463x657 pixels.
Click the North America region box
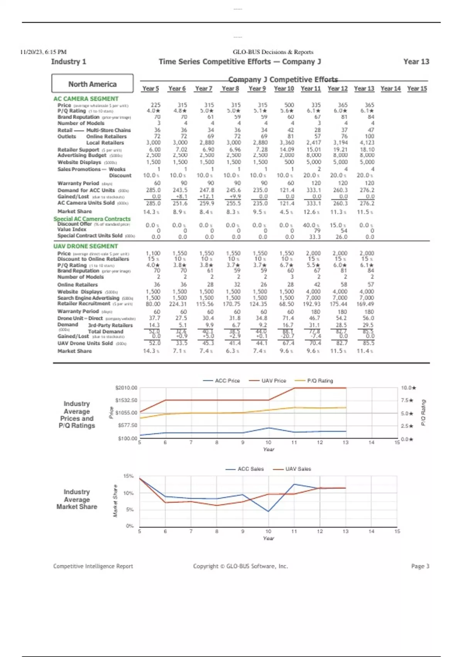(x=92, y=84)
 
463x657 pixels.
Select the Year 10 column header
(x=284, y=89)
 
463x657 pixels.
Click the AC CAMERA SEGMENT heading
(x=86, y=99)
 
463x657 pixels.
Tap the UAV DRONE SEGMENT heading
(x=85, y=246)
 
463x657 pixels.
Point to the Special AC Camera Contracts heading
(x=92, y=219)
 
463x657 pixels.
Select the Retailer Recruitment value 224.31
(x=177, y=304)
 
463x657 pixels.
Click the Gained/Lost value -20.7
(x=288, y=336)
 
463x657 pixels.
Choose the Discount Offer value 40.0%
(x=314, y=225)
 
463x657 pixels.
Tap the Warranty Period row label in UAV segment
(x=78, y=311)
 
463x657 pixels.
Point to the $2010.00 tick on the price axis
(x=126, y=388)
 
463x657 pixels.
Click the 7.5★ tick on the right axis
(x=407, y=400)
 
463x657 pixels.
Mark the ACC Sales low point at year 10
(x=268, y=511)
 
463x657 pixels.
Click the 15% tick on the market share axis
(x=128, y=476)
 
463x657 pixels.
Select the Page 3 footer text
(x=420, y=566)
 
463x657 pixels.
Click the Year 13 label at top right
(x=416, y=62)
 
